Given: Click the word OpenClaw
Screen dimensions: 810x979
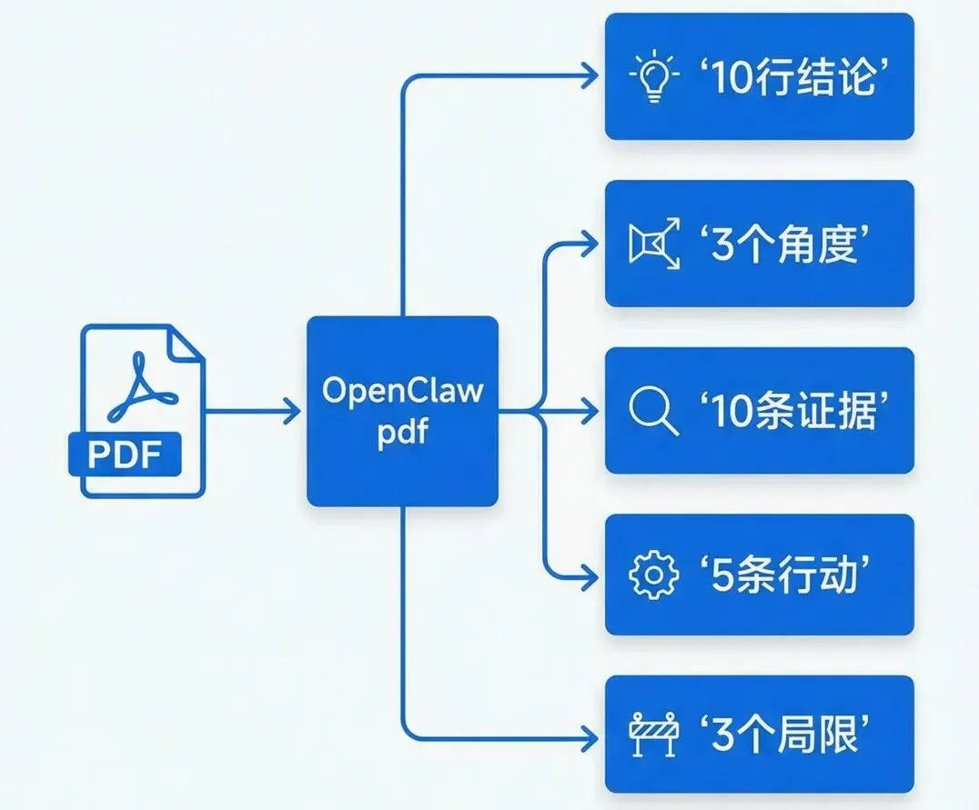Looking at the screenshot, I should click(402, 392).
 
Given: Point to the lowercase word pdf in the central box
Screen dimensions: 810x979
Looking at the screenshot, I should click(402, 432).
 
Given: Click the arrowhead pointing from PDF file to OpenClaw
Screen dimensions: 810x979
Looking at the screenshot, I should click(291, 411).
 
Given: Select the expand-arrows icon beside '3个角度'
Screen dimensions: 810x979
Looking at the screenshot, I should click(654, 245).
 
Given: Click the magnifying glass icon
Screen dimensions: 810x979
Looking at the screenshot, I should click(653, 412).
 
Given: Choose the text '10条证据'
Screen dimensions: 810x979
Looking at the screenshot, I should click(789, 412).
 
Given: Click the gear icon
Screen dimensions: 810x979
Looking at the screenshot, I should click(653, 577).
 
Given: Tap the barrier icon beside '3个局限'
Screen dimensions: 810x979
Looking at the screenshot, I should click(654, 736).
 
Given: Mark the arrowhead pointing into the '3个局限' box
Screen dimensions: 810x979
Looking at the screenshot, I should click(591, 735).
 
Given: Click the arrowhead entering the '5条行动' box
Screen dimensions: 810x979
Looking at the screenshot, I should click(591, 577).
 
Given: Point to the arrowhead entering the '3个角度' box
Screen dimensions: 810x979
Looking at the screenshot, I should click(591, 245).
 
